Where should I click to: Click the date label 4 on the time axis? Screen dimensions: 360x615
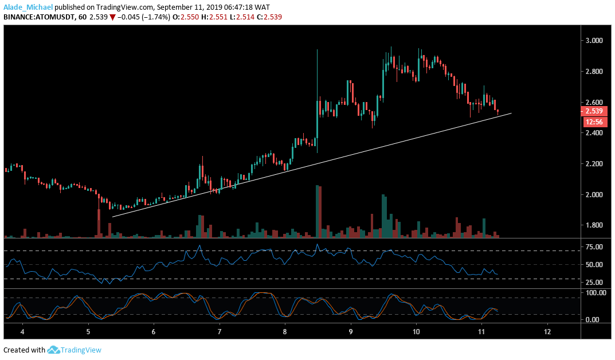point(23,332)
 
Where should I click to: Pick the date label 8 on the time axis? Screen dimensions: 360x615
point(285,332)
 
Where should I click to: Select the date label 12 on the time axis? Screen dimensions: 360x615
point(547,332)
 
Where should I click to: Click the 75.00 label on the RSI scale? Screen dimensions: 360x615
point(594,247)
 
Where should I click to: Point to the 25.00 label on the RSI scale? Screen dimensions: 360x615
point(594,283)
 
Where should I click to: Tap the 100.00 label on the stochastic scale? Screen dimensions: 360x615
point(595,293)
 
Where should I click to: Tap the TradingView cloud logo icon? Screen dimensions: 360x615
point(54,350)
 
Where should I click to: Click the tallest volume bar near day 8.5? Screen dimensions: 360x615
point(317,211)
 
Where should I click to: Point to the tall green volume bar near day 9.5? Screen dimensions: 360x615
point(383,216)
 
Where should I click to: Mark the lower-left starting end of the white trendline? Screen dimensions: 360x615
point(112,217)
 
